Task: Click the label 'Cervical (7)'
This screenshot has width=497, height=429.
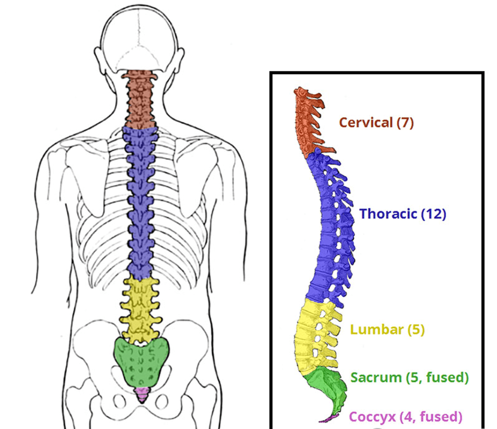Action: tap(376, 123)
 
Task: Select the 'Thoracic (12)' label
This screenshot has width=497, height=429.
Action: tap(402, 214)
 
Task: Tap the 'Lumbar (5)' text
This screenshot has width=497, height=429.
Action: tap(387, 330)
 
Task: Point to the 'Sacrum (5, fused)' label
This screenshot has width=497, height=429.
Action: tap(410, 378)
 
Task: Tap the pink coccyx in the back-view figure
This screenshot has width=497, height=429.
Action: tap(141, 393)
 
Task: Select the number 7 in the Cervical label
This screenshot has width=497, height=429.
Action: tap(404, 123)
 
